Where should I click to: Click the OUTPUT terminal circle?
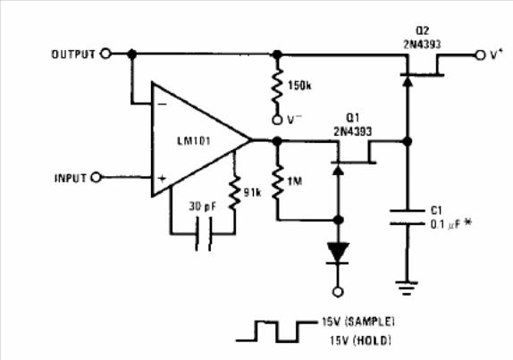click(x=105, y=54)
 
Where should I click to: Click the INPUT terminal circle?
click(x=97, y=177)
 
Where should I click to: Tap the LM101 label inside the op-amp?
click(x=194, y=141)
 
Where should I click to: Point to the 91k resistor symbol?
click(x=234, y=193)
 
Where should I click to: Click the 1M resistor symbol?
click(x=277, y=182)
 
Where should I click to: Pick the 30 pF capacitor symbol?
click(x=204, y=234)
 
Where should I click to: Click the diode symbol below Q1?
click(x=339, y=253)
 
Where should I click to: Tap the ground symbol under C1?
click(x=407, y=288)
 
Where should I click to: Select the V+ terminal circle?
click(x=480, y=55)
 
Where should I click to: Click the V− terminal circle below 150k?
click(x=277, y=120)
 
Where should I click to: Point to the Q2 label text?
click(x=422, y=30)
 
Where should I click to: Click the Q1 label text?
click(x=353, y=118)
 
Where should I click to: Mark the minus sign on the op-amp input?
click(x=163, y=105)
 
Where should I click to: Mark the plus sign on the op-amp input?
click(x=163, y=179)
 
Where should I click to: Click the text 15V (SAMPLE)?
click(x=357, y=322)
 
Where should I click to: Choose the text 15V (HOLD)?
click(x=360, y=340)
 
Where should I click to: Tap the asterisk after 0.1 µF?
click(x=467, y=223)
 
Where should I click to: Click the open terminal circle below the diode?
click(x=338, y=291)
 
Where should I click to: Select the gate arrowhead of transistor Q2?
click(x=407, y=80)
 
